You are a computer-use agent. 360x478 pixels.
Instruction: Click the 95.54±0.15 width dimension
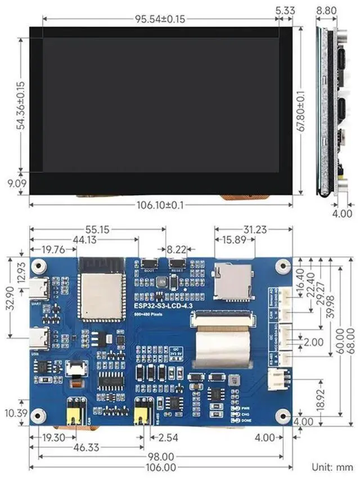[x=160, y=19]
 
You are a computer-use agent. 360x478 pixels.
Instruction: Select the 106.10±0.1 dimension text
[x=160, y=205]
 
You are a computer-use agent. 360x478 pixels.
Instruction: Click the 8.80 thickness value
[x=327, y=10]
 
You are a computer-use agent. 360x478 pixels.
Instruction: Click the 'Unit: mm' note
[x=333, y=467]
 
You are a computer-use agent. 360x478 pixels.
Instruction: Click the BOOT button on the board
[x=150, y=263]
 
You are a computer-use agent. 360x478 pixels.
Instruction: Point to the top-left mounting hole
[x=38, y=265]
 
